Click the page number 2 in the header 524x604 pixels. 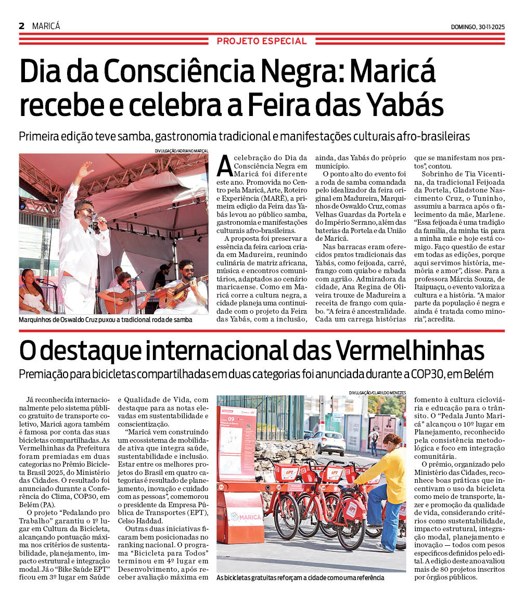22,26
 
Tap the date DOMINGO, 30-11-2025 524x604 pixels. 478,27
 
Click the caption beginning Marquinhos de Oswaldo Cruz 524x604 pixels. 106,319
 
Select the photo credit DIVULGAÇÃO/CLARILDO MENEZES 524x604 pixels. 377,392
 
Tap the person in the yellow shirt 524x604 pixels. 390,489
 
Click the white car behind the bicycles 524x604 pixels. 329,443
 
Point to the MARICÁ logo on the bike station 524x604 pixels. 241,516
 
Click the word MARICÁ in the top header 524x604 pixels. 46,26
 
